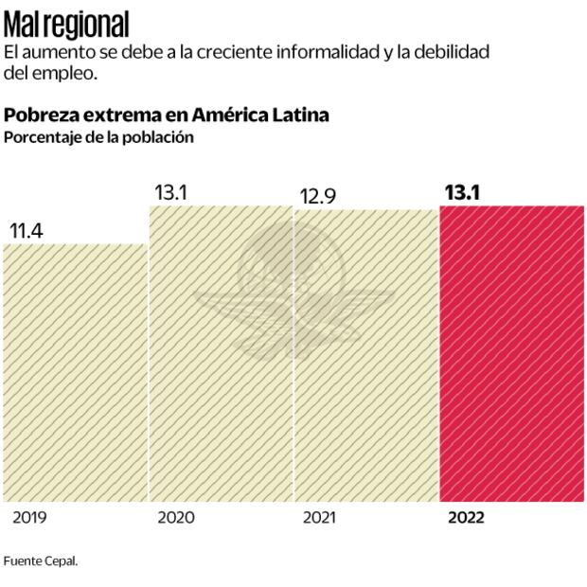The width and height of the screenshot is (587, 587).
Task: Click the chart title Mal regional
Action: [x=66, y=23]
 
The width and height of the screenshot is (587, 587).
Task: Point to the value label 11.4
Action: [x=27, y=229]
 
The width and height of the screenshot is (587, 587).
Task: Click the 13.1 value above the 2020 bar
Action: [x=171, y=192]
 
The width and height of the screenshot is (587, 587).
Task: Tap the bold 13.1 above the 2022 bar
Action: [x=462, y=192]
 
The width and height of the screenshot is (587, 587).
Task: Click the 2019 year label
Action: [x=29, y=518]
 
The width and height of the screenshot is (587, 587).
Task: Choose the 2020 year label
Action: [x=175, y=518]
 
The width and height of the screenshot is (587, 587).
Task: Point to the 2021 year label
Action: [x=320, y=518]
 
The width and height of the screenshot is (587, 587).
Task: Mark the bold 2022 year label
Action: [x=466, y=518]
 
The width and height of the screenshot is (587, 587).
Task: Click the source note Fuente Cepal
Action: [x=40, y=560]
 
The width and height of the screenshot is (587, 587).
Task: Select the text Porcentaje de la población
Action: [x=98, y=137]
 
